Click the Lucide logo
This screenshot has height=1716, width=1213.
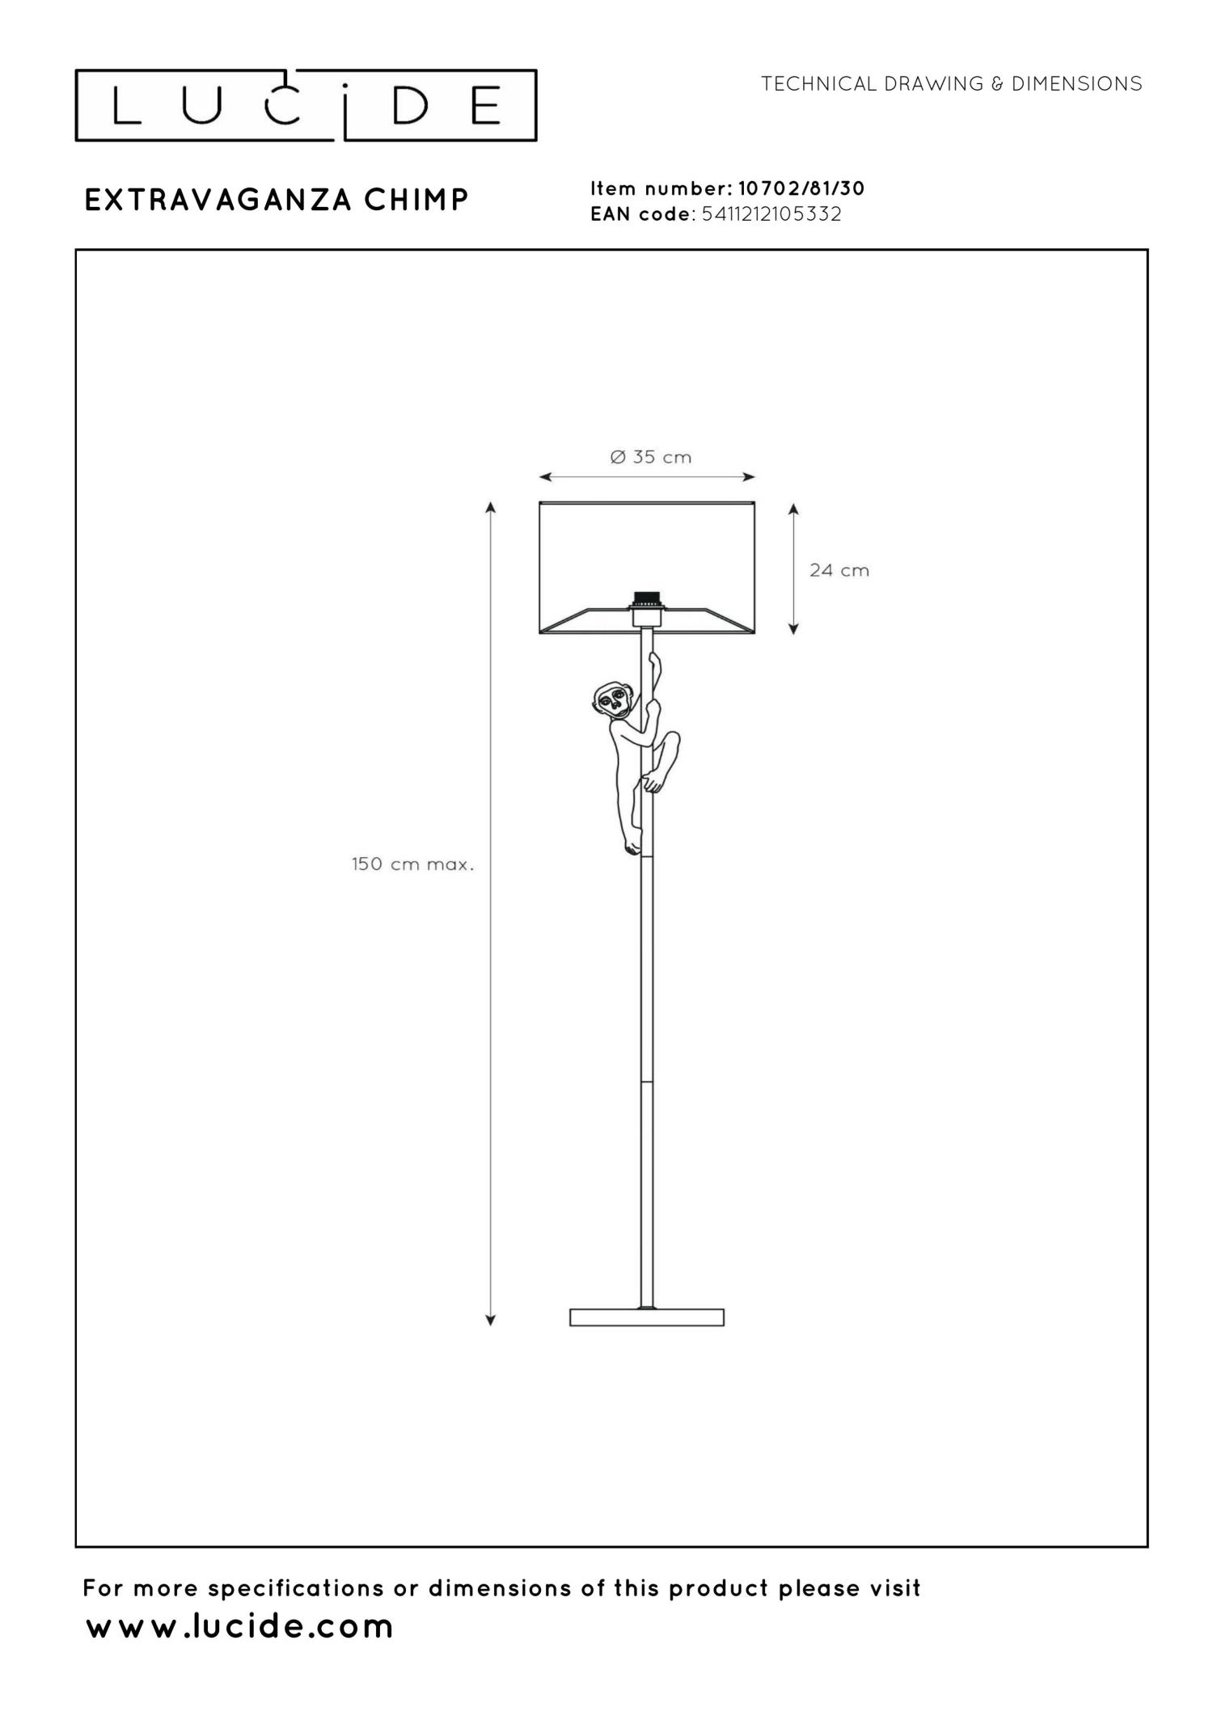[306, 106]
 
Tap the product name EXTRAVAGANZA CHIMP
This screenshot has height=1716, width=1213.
[277, 201]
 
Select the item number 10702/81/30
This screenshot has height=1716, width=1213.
[801, 188]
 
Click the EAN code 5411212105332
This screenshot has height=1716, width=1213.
[771, 214]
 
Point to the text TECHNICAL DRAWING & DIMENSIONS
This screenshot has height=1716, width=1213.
[951, 84]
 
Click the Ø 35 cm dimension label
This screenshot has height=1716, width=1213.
[651, 458]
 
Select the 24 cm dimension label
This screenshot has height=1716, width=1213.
[839, 571]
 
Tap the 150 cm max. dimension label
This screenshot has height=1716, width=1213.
[412, 864]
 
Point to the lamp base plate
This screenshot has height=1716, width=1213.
[647, 1317]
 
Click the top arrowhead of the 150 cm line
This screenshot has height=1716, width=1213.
[490, 507]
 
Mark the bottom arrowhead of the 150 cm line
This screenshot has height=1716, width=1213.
[490, 1321]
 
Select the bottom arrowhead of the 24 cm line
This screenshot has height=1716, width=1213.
[793, 628]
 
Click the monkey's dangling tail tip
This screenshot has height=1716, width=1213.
[631, 849]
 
